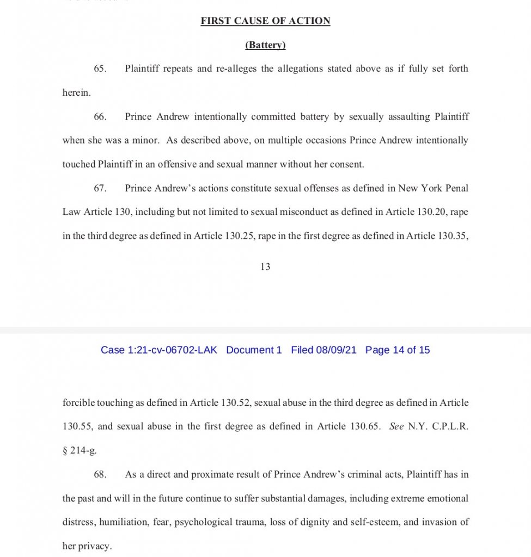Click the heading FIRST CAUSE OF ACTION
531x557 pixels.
pyautogui.click(x=265, y=21)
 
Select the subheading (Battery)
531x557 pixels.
pyautogui.click(x=265, y=45)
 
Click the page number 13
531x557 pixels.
pyautogui.click(x=265, y=267)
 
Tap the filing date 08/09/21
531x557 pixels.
pyautogui.click(x=336, y=350)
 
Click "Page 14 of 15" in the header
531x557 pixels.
pyautogui.click(x=398, y=350)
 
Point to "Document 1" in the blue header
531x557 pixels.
pyautogui.click(x=254, y=350)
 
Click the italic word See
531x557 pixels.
pyautogui.click(x=396, y=426)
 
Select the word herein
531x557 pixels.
pyautogui.click(x=77, y=93)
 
